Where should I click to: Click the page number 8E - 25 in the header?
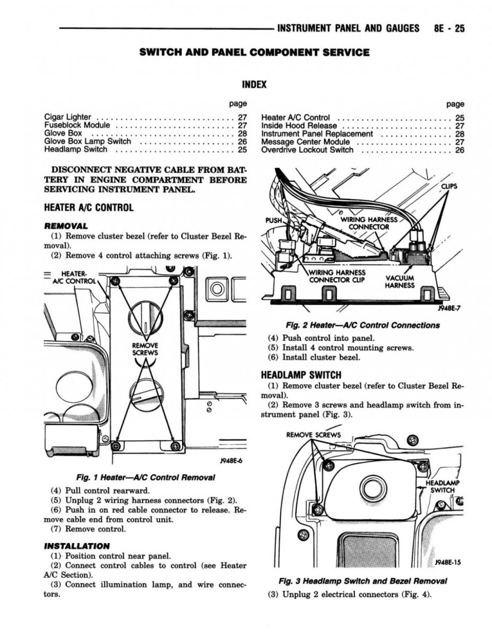point(449,28)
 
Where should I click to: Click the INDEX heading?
point(254,84)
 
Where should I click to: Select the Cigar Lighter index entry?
point(67,117)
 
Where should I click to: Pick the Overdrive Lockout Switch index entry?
point(307,150)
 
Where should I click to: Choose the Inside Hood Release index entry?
point(299,126)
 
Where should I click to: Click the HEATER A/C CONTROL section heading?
point(89,208)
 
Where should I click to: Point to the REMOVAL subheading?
point(66,226)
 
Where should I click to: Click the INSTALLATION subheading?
point(76,546)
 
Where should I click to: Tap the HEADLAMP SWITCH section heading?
point(301,375)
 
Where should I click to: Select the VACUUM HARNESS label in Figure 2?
point(400,281)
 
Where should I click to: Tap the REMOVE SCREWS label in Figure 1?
point(145,349)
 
